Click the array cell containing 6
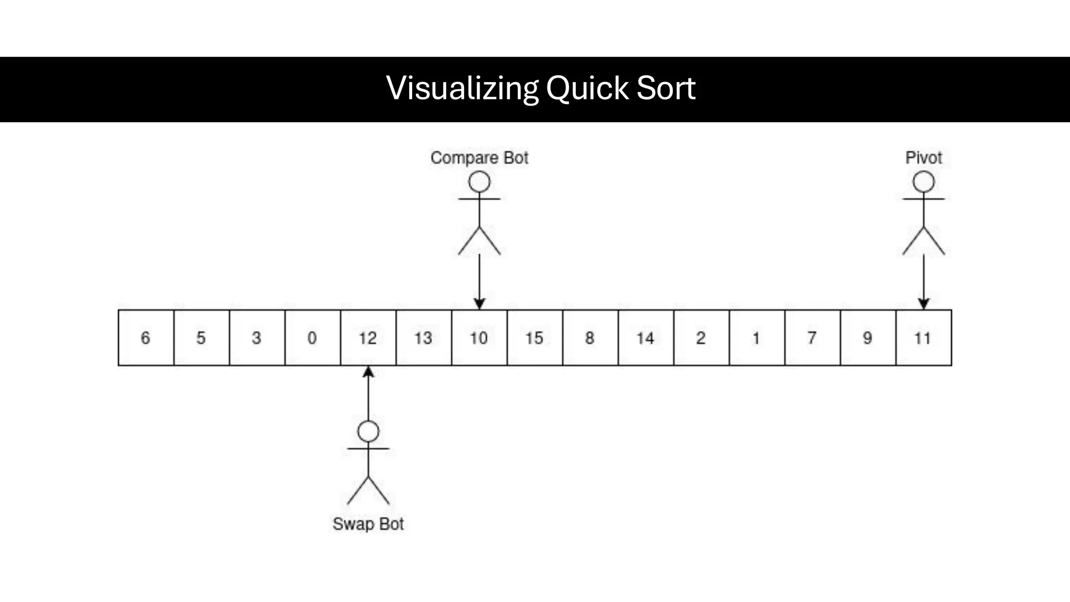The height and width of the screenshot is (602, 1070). [x=146, y=338]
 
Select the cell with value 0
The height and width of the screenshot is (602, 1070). [x=312, y=338]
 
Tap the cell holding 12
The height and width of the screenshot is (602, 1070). [x=368, y=338]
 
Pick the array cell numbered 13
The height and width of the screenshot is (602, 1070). [x=424, y=338]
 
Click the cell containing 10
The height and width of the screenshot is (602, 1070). [x=479, y=338]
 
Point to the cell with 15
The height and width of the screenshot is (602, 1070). [x=534, y=338]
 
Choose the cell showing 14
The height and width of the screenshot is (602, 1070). [x=646, y=338]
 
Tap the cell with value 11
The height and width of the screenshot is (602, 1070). [x=923, y=338]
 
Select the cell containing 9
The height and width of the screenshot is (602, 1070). [x=868, y=338]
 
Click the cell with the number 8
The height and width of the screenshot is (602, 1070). [x=590, y=338]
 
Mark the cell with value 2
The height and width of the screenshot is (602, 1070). [x=701, y=338]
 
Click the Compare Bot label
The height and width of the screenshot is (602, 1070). [x=479, y=158]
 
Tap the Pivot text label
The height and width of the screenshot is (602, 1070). [x=923, y=158]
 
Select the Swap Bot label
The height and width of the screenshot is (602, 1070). [x=368, y=524]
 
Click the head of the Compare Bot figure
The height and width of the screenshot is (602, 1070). [x=479, y=182]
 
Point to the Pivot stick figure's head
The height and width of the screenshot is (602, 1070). [x=923, y=182]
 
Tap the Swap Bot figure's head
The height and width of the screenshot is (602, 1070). [x=368, y=432]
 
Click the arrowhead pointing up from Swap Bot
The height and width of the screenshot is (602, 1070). [x=368, y=372]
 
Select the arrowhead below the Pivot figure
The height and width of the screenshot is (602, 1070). [x=923, y=304]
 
